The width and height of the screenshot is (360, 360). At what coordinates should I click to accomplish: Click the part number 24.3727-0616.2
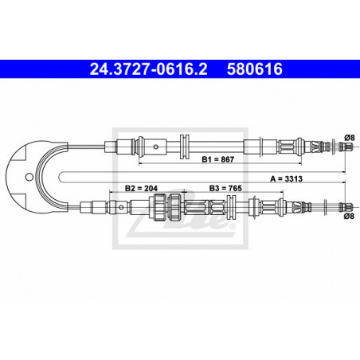pos(148,69)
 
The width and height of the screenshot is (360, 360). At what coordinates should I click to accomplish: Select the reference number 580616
pos(255,69)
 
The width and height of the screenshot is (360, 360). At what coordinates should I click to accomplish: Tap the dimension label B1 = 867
pos(218,159)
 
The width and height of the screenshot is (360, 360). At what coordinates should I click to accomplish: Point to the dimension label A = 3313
pos(286,179)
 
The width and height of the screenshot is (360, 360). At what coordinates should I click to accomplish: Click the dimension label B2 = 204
pos(141,188)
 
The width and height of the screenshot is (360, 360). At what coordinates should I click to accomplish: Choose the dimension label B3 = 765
pos(225,188)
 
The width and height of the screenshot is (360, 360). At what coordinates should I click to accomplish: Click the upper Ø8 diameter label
pos(350,138)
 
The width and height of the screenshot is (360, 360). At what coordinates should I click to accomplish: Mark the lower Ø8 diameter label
pos(349,216)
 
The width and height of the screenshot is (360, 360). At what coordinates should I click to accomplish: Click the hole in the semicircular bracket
pos(29,177)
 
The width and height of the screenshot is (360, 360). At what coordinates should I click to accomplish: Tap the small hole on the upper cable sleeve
pos(156,147)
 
